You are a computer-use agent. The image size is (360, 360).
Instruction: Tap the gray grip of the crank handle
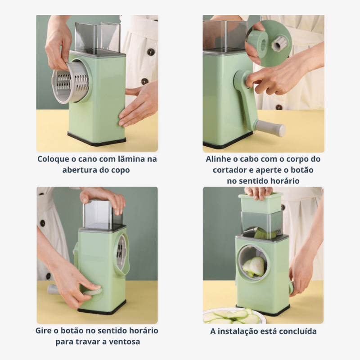coord(270,128)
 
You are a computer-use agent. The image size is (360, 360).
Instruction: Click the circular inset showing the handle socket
coord(268,43)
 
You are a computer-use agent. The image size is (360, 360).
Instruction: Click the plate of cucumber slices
coord(232,316)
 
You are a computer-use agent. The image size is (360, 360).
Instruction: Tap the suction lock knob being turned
coord(93,292)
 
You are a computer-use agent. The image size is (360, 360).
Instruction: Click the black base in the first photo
coord(96,139)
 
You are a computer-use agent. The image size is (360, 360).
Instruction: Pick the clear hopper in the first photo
coord(98,38)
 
